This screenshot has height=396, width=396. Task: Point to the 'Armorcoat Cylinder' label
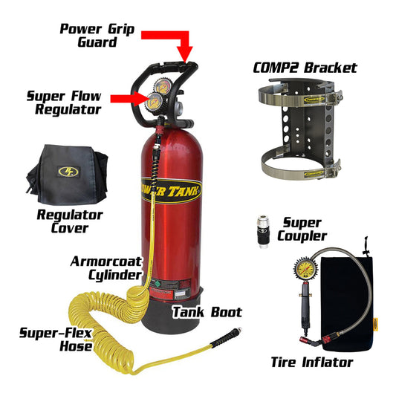tap(106, 268)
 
